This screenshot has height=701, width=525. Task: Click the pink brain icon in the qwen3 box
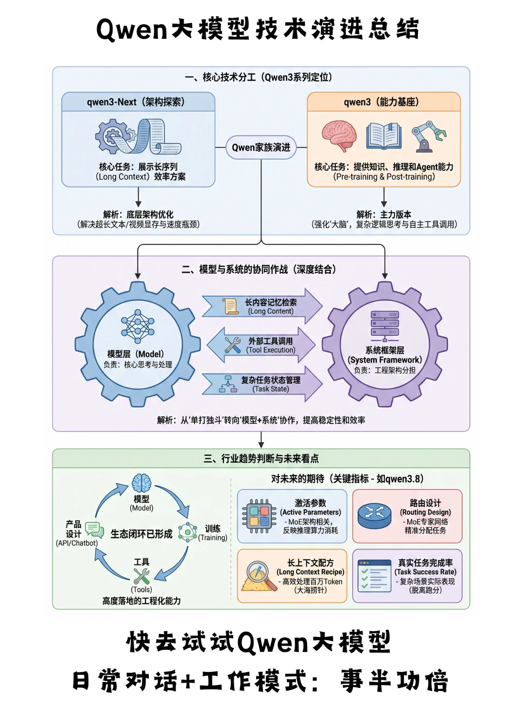[x=339, y=136]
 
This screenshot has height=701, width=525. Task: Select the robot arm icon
[x=428, y=136]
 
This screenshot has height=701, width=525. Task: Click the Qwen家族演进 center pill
[x=261, y=147]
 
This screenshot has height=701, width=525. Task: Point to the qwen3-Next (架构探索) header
[x=138, y=102]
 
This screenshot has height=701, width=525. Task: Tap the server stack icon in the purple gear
[x=385, y=325]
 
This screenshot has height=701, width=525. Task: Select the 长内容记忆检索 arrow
[x=262, y=306]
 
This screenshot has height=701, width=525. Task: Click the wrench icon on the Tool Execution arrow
[x=233, y=345]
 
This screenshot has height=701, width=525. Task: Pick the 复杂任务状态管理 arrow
[x=262, y=384]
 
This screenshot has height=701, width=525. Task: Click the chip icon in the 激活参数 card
[x=259, y=516]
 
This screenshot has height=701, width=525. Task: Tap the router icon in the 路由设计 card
[x=374, y=516]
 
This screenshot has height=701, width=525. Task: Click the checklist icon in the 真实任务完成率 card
[x=374, y=576]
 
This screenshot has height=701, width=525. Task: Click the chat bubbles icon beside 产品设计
[x=94, y=530]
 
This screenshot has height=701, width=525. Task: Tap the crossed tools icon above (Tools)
[x=141, y=576]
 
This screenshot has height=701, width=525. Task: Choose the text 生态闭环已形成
[x=141, y=534]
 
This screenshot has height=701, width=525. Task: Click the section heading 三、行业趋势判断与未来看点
[x=261, y=458]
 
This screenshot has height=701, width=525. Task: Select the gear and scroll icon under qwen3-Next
[x=138, y=137]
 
